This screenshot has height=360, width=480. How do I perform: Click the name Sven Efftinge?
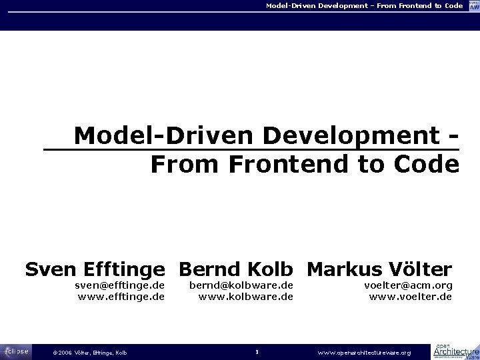[x=95, y=269]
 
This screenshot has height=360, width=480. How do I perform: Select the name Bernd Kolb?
[x=236, y=269]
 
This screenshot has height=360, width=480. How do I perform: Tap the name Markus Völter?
[x=379, y=269]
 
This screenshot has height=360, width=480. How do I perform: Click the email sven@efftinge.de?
[x=119, y=285]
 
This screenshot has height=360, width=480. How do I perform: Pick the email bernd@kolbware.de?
[x=241, y=285]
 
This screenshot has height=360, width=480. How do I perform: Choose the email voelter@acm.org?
[x=407, y=285]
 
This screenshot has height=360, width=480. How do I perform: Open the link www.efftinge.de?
[x=121, y=297]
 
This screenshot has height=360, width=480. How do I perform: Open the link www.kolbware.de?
[x=246, y=297]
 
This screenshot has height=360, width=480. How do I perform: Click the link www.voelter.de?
[x=410, y=297]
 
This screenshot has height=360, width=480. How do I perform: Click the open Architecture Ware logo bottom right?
[x=456, y=351]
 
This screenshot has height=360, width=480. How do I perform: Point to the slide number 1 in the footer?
[x=257, y=352]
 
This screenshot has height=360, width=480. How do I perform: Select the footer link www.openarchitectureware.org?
[x=364, y=352]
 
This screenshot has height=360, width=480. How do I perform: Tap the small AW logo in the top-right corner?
[x=473, y=6]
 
